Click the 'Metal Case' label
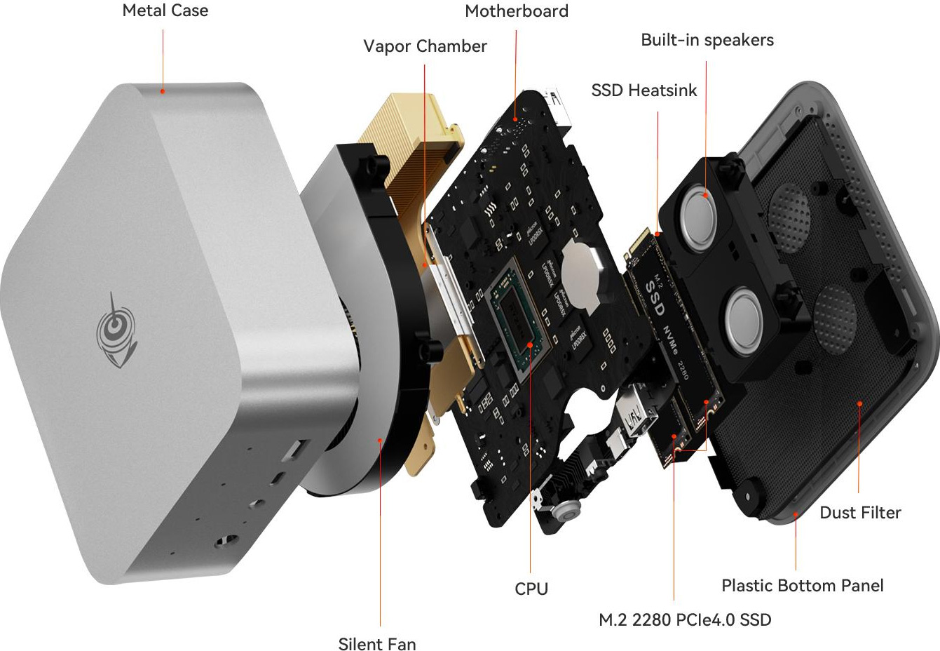(x=165, y=11)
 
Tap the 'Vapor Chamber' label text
(x=425, y=46)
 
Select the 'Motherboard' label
(x=517, y=11)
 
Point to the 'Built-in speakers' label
(x=707, y=40)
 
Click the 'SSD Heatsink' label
(x=643, y=90)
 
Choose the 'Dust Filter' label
(x=860, y=512)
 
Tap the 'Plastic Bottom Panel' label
(x=803, y=586)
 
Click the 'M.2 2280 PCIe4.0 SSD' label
(x=685, y=620)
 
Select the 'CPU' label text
(x=531, y=589)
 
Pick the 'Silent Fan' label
(x=377, y=644)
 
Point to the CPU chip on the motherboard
(x=517, y=320)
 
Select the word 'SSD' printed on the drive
(x=654, y=299)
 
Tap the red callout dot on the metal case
(x=163, y=91)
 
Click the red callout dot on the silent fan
(x=380, y=440)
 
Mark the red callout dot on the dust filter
(x=859, y=403)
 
